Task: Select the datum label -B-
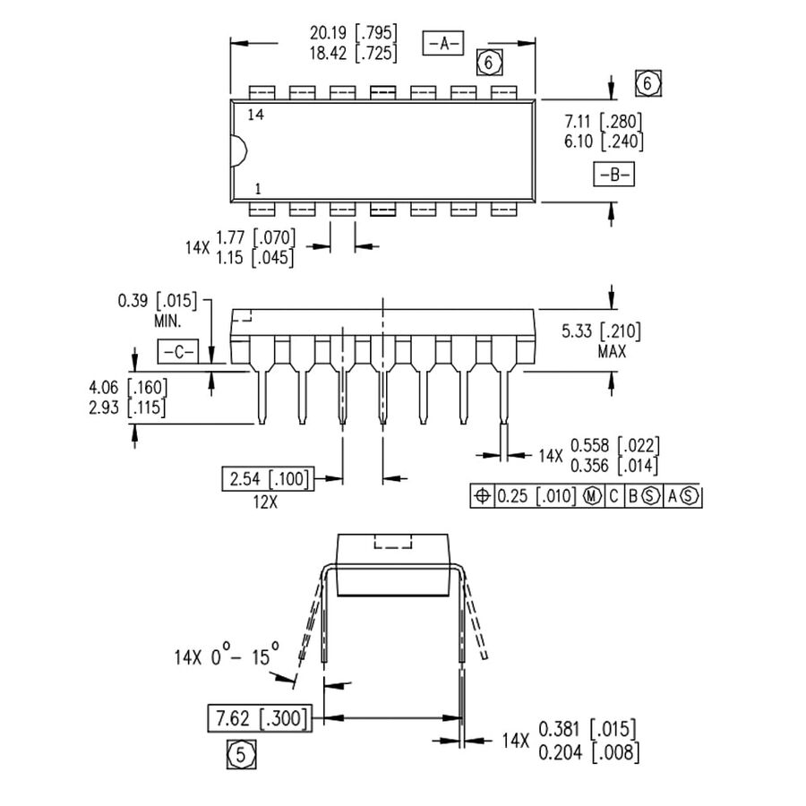click(613, 175)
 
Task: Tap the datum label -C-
click(177, 352)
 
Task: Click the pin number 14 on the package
click(255, 116)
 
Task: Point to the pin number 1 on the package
click(258, 189)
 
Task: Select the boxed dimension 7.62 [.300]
click(259, 718)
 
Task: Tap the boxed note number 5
click(240, 755)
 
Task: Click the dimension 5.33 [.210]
click(601, 332)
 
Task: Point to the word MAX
click(612, 352)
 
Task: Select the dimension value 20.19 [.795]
click(354, 33)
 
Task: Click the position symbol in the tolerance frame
click(482, 496)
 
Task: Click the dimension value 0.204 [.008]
click(589, 752)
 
